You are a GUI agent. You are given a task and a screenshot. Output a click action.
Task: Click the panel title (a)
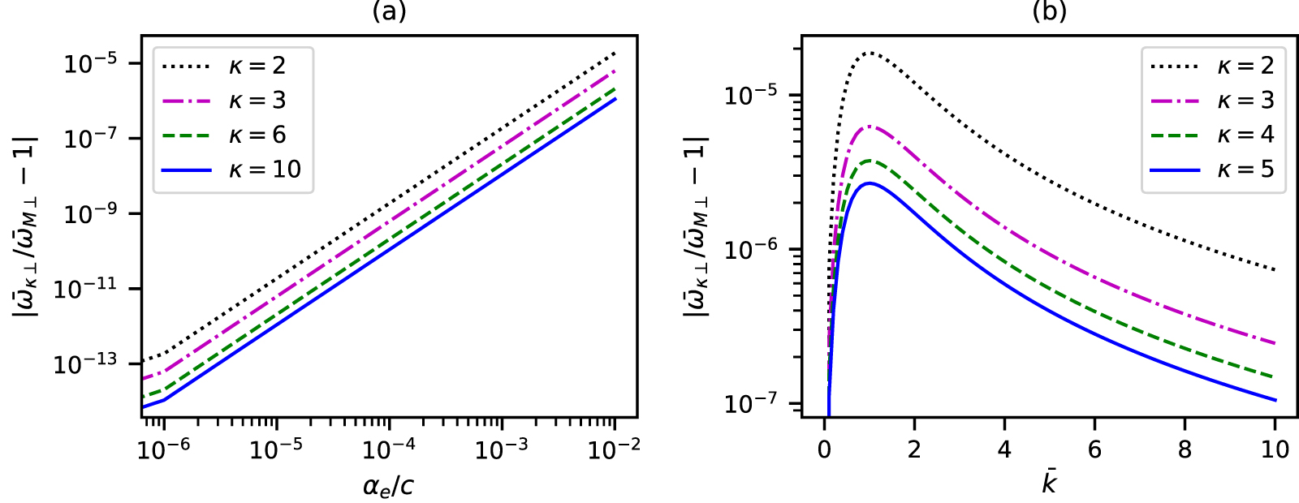point(389,11)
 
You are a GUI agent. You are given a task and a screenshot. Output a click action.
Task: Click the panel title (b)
point(1049,11)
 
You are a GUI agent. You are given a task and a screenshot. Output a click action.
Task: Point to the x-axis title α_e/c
point(389,485)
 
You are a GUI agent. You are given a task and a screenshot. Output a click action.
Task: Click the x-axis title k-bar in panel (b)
point(1049,483)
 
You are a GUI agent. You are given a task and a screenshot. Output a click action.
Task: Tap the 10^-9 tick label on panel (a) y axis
point(90,214)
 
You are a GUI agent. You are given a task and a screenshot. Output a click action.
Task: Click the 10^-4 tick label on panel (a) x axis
point(389,449)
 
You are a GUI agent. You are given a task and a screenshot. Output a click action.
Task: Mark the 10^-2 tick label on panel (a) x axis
point(614,449)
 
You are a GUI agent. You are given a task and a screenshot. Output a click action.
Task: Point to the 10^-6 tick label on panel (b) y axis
point(755,249)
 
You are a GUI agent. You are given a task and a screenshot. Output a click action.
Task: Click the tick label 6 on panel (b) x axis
point(1094,449)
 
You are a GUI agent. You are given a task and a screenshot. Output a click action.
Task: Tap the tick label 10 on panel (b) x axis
point(1275,449)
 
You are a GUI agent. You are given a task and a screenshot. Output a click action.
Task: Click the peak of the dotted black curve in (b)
point(870,53)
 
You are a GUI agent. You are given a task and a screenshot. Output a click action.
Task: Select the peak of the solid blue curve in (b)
point(870,183)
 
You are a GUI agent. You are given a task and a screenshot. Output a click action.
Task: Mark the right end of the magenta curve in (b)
point(1275,343)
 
